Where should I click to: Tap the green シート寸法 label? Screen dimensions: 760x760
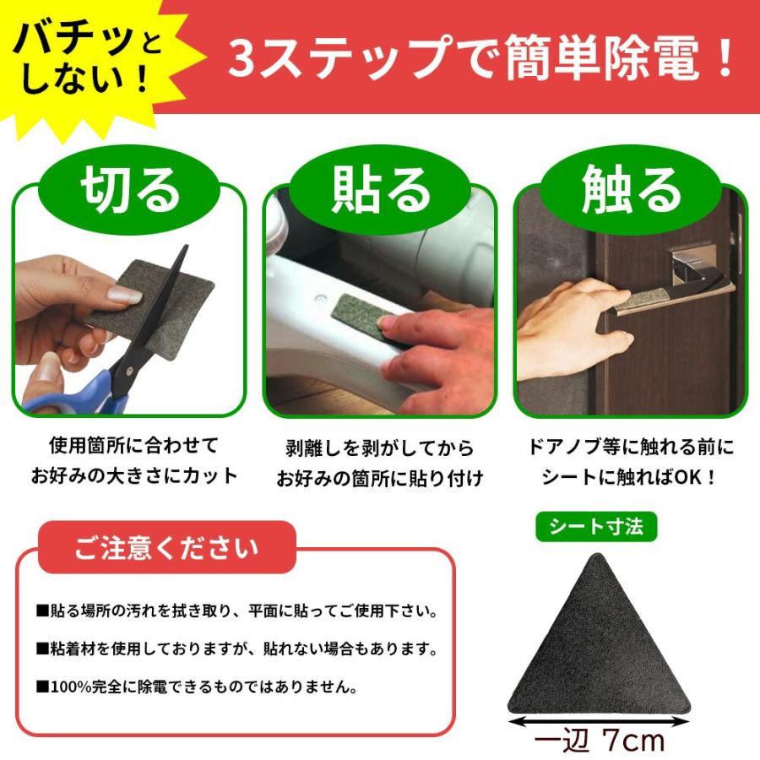pyautogui.click(x=596, y=527)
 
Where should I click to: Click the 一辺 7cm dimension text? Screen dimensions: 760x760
pyautogui.click(x=600, y=741)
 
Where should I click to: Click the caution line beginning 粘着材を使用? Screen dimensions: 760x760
pyautogui.click(x=236, y=649)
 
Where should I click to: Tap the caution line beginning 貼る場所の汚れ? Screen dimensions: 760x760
pyautogui.click(x=236, y=611)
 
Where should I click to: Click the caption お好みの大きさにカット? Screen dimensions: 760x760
pyautogui.click(x=134, y=475)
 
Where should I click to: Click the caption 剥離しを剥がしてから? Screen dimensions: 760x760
pyautogui.click(x=379, y=448)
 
